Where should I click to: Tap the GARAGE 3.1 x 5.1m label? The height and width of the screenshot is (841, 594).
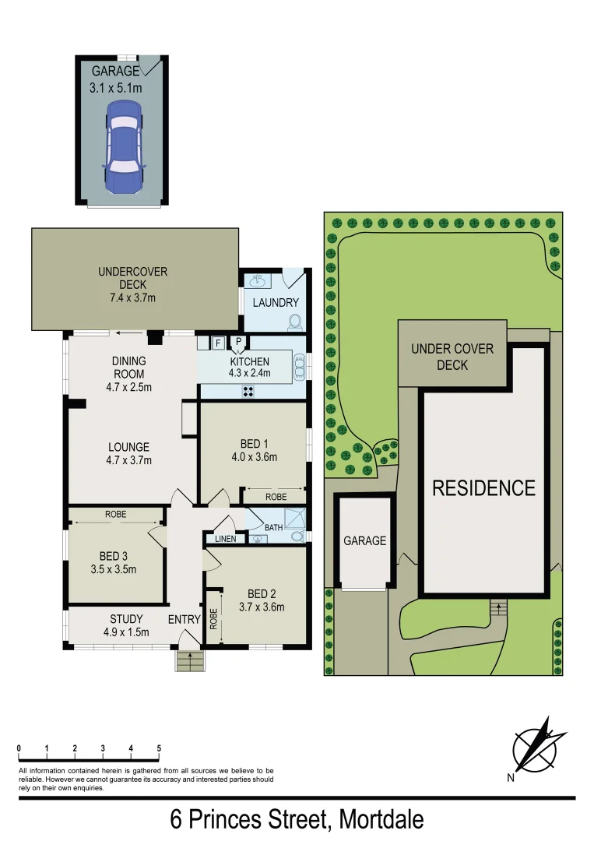tap(116, 80)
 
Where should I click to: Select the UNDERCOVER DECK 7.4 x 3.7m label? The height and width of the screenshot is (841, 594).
tap(132, 284)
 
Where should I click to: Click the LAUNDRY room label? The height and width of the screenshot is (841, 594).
tap(276, 302)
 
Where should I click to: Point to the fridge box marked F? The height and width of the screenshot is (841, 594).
tap(218, 342)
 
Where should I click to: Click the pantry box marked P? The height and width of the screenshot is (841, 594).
tap(239, 342)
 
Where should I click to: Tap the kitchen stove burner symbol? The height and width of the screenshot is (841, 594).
tap(249, 391)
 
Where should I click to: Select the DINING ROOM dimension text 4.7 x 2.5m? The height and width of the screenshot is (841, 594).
tap(128, 386)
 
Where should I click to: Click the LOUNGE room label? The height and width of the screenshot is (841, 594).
tap(128, 447)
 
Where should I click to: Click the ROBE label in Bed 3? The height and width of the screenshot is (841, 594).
tap(115, 515)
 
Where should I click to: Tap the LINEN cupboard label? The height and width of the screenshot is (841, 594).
tap(220, 539)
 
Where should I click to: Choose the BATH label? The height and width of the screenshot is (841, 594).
tap(274, 528)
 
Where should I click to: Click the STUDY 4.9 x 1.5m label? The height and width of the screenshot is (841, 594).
tap(126, 625)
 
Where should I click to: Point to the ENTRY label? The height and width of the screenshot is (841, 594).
tap(185, 620)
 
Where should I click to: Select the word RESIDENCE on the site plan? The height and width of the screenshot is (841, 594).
tap(483, 488)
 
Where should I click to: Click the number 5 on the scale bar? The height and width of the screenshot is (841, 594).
tap(159, 748)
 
